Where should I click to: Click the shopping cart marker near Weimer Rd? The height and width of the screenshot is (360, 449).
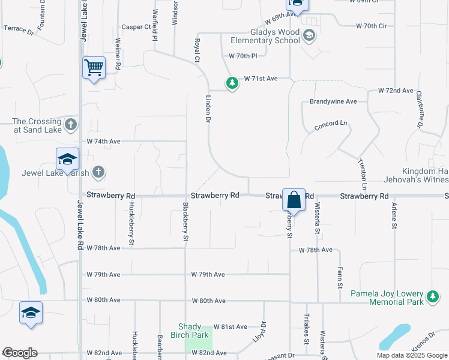pyautogui.click(x=94, y=67)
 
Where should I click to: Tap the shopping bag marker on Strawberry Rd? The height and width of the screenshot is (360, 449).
pyautogui.click(x=294, y=199)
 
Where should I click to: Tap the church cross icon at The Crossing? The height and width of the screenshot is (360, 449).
pyautogui.click(x=71, y=125)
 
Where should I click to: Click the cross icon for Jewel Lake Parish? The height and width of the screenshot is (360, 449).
pyautogui.click(x=98, y=173)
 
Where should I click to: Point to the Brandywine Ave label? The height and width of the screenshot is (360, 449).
pyautogui.click(x=333, y=102)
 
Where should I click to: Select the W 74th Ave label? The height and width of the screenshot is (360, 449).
pyautogui.click(x=104, y=142)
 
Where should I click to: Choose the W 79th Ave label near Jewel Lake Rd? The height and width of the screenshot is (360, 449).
pyautogui.click(x=103, y=275)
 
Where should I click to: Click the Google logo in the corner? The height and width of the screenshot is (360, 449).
pyautogui.click(x=20, y=353)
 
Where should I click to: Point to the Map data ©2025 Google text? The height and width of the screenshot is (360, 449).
pyautogui.click(x=412, y=355)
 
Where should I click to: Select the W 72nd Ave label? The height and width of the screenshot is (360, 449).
pyautogui.click(x=396, y=91)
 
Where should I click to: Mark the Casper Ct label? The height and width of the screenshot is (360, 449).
pyautogui.click(x=135, y=27)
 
